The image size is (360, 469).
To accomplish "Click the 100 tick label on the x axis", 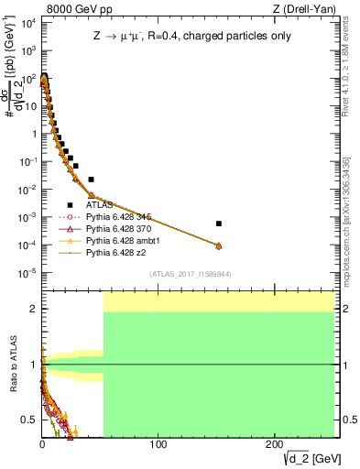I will click(158, 445).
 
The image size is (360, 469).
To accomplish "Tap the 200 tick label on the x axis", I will click(275, 445).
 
